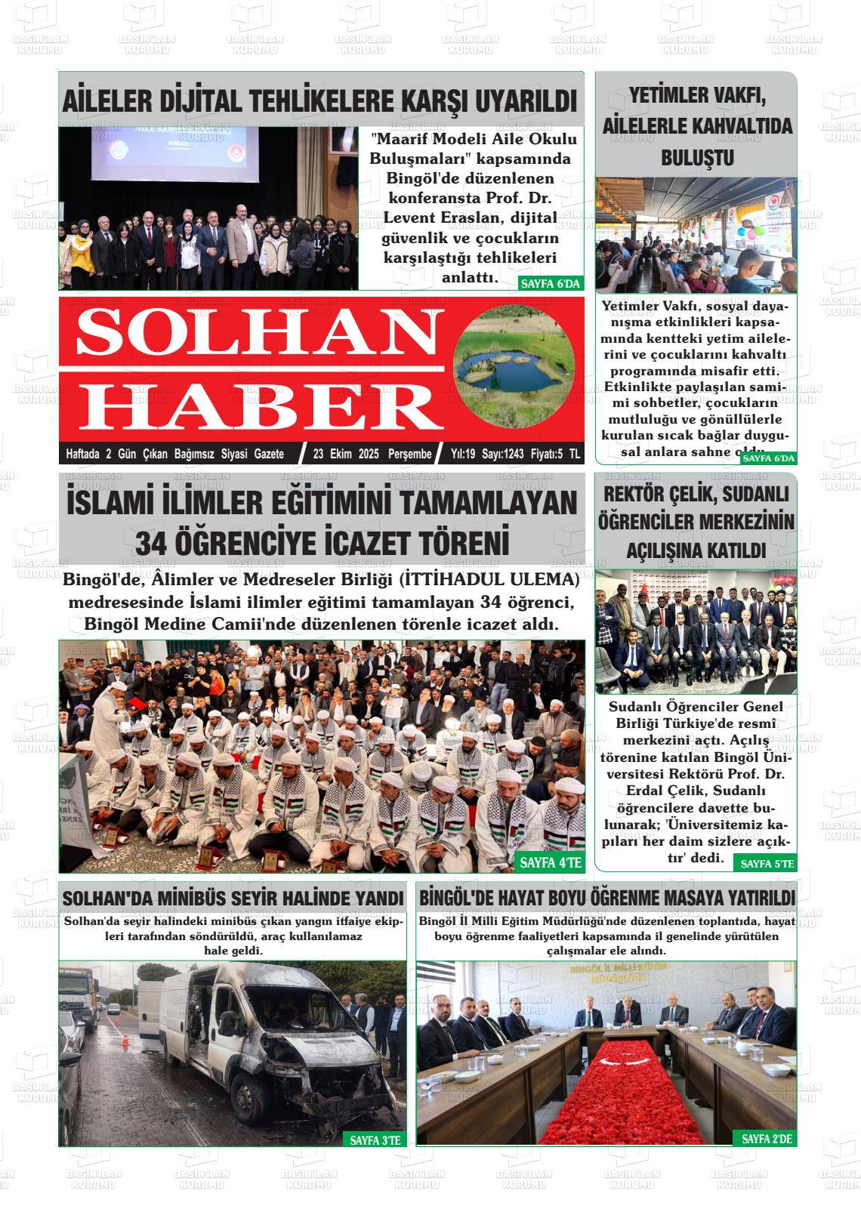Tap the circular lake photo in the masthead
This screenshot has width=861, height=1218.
point(517,369)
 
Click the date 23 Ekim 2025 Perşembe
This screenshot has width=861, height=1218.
point(372,454)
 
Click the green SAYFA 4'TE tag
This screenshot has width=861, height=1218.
point(550,862)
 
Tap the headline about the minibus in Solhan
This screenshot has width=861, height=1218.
point(233,899)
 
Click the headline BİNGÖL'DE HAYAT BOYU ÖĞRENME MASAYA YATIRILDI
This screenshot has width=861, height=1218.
point(606,898)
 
